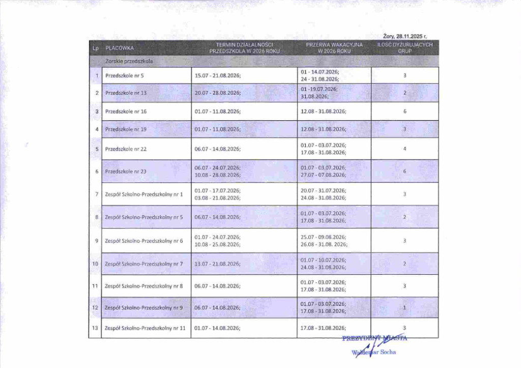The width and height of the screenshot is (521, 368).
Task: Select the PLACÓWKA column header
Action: pyautogui.click(x=120, y=48)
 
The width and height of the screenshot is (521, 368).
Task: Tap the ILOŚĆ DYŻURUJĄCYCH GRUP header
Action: pyautogui.click(x=405, y=48)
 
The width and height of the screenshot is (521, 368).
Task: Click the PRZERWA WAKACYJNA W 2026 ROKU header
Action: pyautogui.click(x=334, y=48)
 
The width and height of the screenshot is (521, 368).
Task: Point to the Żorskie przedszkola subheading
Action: pyautogui.click(x=129, y=62)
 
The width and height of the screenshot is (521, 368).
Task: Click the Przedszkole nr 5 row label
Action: pyautogui.click(x=125, y=76)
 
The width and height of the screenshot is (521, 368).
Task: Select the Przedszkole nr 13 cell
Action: pyautogui.click(x=126, y=93)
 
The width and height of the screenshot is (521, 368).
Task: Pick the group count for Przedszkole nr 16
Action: pyautogui.click(x=404, y=111)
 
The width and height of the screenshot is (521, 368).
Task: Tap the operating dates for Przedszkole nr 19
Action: pyautogui.click(x=217, y=129)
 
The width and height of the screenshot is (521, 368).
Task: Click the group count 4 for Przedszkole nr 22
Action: pyautogui.click(x=404, y=149)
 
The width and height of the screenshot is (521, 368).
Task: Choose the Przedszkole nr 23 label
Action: pyautogui.click(x=126, y=171)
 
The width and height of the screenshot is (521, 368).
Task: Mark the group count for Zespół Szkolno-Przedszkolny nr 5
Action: pyautogui.click(x=404, y=217)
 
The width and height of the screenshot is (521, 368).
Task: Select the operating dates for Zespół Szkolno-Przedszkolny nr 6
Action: pyautogui.click(x=217, y=241)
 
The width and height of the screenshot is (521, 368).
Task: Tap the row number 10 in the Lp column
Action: pyautogui.click(x=95, y=264)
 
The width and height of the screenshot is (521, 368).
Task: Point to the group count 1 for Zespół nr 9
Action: pyautogui.click(x=404, y=308)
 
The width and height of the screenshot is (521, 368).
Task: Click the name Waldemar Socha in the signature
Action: pyautogui.click(x=374, y=352)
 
